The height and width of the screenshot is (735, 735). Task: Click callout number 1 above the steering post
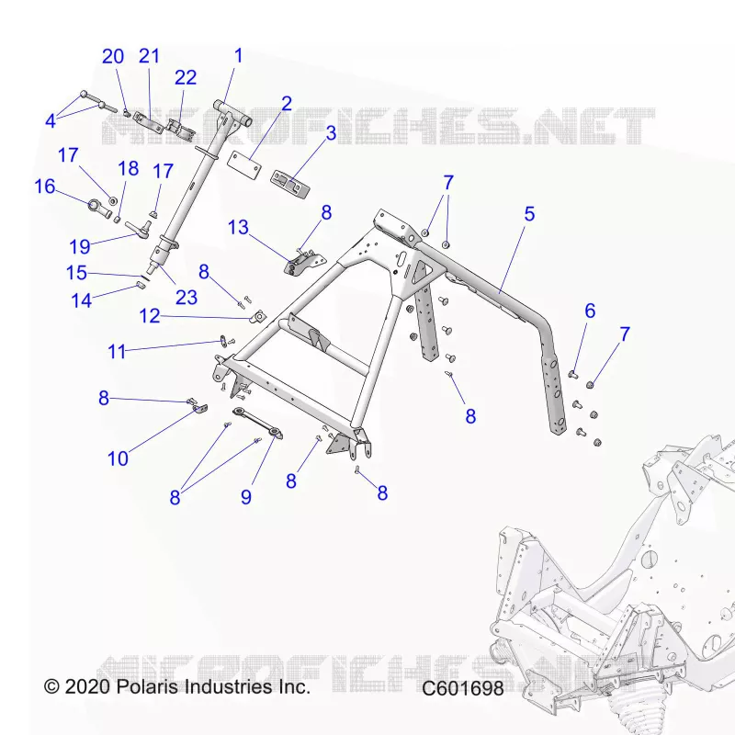tap(238, 56)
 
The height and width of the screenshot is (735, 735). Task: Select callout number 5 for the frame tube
tap(529, 214)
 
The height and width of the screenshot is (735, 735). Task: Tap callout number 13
tap(238, 228)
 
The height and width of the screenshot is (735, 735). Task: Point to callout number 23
tap(187, 297)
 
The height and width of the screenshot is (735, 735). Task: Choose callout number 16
tap(45, 187)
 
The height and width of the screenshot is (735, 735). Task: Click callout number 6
tap(590, 311)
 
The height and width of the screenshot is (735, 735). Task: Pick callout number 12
tap(150, 316)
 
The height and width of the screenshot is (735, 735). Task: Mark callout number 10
tap(118, 458)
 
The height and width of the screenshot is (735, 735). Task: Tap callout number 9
tap(246, 497)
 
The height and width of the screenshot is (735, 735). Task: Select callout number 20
tap(113, 57)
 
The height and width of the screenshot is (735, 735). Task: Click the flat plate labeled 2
tap(243, 165)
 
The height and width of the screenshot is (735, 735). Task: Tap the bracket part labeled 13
tap(305, 262)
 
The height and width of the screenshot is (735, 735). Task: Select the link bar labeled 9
tap(258, 424)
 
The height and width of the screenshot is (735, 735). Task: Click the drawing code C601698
tap(463, 688)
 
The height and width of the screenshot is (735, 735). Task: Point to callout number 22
tap(186, 78)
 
